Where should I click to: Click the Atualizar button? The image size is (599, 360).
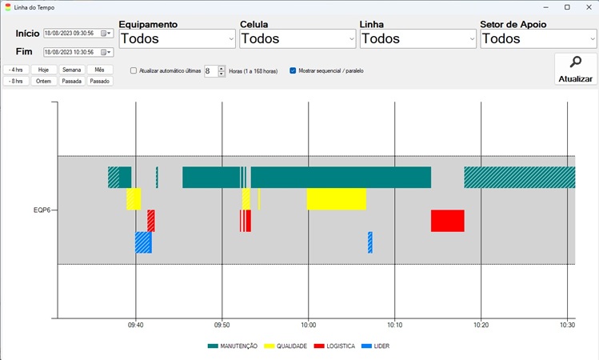tap(575, 69)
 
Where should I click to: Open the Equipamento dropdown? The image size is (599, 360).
tap(176, 38)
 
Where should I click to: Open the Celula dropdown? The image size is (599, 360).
tap(298, 38)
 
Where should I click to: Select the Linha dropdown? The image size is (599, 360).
tap(417, 38)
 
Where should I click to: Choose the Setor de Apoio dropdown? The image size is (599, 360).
tap(537, 38)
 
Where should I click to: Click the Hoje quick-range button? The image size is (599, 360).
tap(44, 70)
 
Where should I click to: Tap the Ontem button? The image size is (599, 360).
tap(44, 81)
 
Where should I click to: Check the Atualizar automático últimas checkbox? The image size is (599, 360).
tap(134, 71)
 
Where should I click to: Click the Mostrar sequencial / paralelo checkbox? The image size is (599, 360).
tap(293, 71)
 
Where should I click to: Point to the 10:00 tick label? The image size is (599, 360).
tap(309, 326)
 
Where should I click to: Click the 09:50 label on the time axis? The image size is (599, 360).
tap(222, 326)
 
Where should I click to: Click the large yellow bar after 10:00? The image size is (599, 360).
tap(336, 198)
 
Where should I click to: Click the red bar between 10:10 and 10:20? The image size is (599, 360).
tap(447, 220)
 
